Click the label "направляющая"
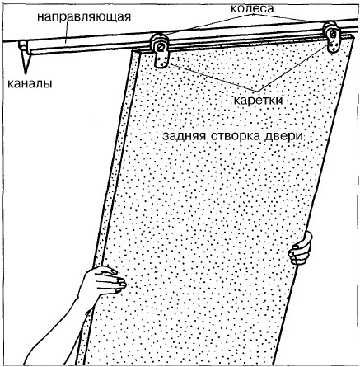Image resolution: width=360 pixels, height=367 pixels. click(84, 17)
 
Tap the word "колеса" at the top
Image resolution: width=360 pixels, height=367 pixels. click(252, 8)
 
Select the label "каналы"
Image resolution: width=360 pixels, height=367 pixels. click(30, 83)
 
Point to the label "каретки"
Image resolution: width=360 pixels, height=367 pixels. click(258, 101)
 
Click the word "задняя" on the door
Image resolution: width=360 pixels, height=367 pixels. click(184, 136)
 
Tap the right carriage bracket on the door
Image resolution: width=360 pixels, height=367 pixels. click(334, 42)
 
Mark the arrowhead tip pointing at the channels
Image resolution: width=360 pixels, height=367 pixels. click(26, 73)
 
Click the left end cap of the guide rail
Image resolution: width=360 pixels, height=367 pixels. click(22, 47)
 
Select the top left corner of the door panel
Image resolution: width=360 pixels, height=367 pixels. click(133, 51)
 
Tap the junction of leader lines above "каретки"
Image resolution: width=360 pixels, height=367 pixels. click(257, 92)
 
